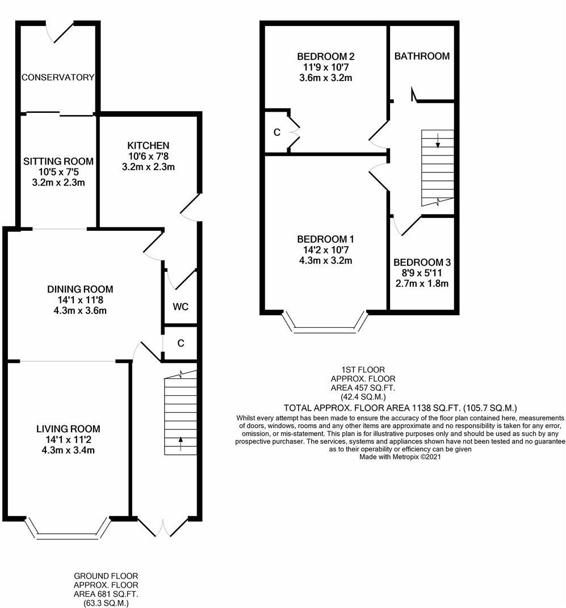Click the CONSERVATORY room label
(x=57, y=77)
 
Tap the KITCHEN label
(x=148, y=146)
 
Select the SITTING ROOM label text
(x=58, y=162)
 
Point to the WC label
(x=181, y=307)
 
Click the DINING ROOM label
(x=80, y=289)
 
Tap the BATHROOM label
(x=422, y=56)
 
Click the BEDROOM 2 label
(x=326, y=56)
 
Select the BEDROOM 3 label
(x=422, y=263)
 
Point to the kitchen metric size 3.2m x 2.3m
(x=148, y=167)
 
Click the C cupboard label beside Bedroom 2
(x=277, y=133)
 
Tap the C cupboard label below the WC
(x=181, y=343)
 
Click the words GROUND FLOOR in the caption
(x=106, y=576)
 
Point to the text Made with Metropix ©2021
(x=400, y=456)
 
